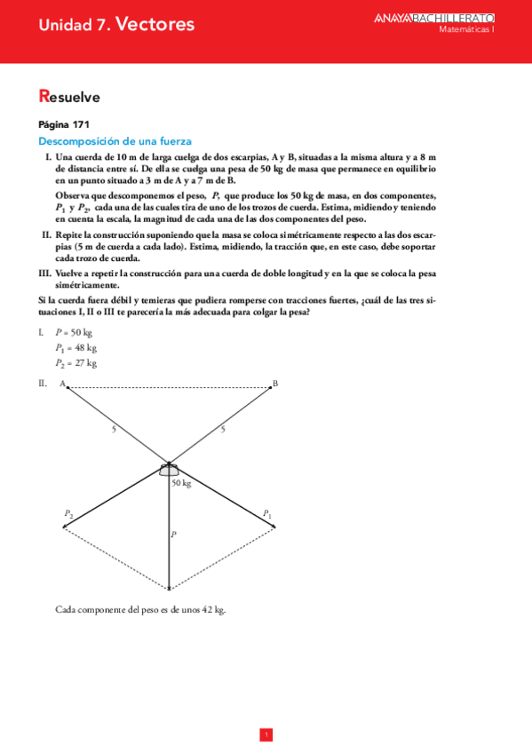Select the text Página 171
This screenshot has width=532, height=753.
tap(64, 124)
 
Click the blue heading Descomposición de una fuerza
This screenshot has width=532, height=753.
tap(115, 141)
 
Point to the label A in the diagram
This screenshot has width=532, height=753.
tap(62, 384)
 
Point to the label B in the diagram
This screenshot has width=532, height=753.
tap(275, 384)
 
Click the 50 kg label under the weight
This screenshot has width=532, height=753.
tap(181, 483)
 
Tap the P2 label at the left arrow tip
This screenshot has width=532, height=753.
tap(67, 513)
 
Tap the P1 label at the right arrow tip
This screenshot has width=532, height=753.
tap(266, 513)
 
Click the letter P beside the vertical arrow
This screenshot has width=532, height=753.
tap(174, 535)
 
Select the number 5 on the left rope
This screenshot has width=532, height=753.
tap(113, 430)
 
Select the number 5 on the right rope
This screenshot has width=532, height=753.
tap(223, 430)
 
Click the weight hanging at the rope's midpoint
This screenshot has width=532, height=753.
tap(169, 470)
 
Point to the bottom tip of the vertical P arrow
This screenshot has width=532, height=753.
tap(169, 587)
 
